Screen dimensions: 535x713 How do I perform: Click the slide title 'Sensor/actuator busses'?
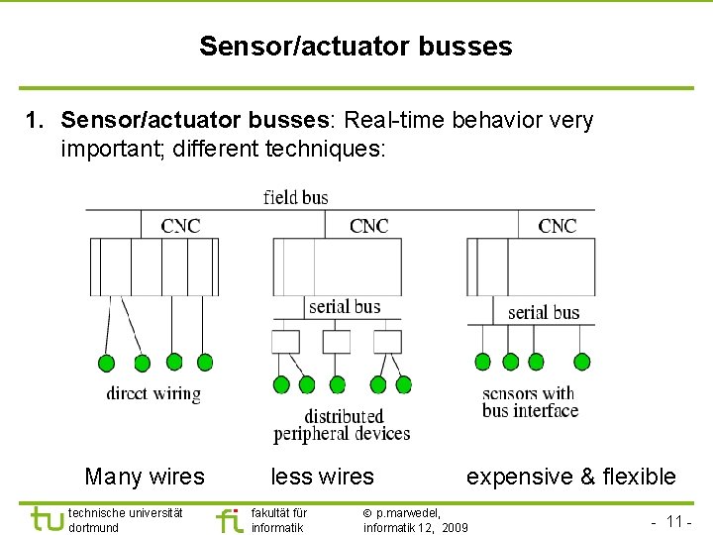pyautogui.click(x=356, y=47)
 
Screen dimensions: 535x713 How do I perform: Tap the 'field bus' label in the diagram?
pyautogui.click(x=296, y=197)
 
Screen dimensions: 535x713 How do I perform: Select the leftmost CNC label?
pyautogui.click(x=180, y=226)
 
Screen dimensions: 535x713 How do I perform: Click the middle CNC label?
pyautogui.click(x=368, y=226)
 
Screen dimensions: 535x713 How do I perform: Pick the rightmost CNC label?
pyautogui.click(x=557, y=226)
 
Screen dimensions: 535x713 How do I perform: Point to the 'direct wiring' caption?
pyautogui.click(x=153, y=393)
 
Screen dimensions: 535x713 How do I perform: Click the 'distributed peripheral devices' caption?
pyautogui.click(x=342, y=425)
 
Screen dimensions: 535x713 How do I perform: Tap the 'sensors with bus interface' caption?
pyautogui.click(x=530, y=402)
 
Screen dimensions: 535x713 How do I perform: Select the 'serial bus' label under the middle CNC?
pyautogui.click(x=344, y=306)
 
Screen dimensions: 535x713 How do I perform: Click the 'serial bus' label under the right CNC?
pyautogui.click(x=543, y=312)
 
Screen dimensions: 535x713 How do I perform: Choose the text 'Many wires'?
pyautogui.click(x=145, y=477)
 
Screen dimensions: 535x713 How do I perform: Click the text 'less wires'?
pyautogui.click(x=323, y=477)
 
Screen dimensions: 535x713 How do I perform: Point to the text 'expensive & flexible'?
pyautogui.click(x=571, y=477)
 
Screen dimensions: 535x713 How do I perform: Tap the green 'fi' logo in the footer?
pyautogui.click(x=229, y=519)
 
